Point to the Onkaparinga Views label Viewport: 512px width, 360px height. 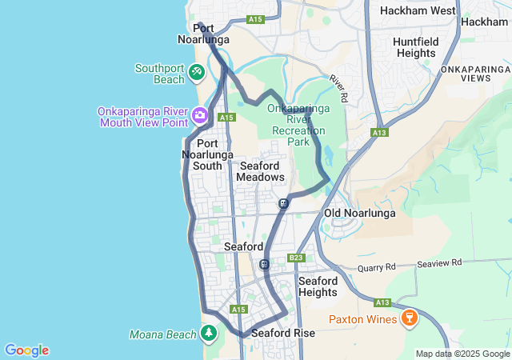[x=476, y=74]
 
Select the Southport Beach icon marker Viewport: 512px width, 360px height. [x=197, y=73]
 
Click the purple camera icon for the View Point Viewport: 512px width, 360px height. [x=199, y=116]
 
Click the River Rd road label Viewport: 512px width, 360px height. [x=340, y=89]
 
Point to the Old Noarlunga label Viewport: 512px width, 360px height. [x=360, y=214]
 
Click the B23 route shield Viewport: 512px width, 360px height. [x=296, y=258]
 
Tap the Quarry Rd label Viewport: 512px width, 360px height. [x=377, y=267]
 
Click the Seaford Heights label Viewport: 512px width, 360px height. [x=318, y=286]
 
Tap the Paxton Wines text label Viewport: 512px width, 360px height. [x=362, y=320]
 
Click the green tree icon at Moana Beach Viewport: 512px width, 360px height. [x=209, y=332]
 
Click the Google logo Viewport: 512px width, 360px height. [x=26, y=350]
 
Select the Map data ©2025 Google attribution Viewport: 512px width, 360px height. [x=462, y=354]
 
